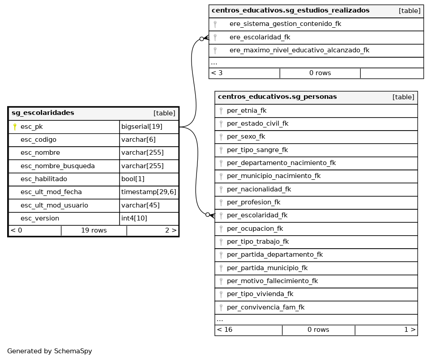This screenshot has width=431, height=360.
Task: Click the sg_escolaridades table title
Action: tap(43, 113)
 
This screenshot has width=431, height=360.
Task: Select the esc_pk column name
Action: tap(32, 127)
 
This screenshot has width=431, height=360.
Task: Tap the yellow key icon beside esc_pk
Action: tap(15, 127)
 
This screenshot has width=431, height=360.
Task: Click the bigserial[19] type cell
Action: tap(142, 127)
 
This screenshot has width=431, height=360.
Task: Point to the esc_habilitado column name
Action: tap(44, 179)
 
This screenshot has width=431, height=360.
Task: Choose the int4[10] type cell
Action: tap(134, 218)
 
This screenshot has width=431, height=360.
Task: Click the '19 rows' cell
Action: tap(94, 231)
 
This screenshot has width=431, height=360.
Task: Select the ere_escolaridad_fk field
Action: tap(260, 37)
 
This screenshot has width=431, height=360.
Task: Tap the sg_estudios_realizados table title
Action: tap(290, 10)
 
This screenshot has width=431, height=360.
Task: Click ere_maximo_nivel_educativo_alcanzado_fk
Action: tap(299, 50)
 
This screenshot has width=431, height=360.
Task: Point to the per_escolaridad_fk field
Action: tap(257, 215)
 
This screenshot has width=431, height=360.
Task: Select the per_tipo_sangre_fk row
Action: tap(257, 150)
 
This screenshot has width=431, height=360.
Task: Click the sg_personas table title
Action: tap(277, 97)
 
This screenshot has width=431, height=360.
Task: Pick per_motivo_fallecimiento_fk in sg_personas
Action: tap(272, 281)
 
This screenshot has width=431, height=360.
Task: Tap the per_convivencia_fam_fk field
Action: tap(265, 307)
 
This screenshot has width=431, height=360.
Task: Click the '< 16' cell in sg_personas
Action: tap(225, 330)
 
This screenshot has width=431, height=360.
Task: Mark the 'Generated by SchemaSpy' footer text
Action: tap(50, 351)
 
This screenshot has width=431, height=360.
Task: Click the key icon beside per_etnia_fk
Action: tap(221, 110)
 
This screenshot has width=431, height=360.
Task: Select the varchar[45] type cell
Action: tap(137, 205)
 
